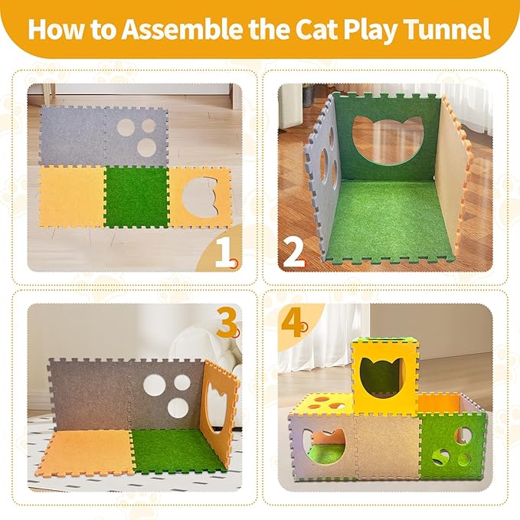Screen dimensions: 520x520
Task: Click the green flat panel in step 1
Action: click(x=136, y=197)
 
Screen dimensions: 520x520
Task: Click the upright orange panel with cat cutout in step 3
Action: click(x=218, y=414)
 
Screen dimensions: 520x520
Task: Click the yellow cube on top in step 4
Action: click(x=384, y=375)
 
